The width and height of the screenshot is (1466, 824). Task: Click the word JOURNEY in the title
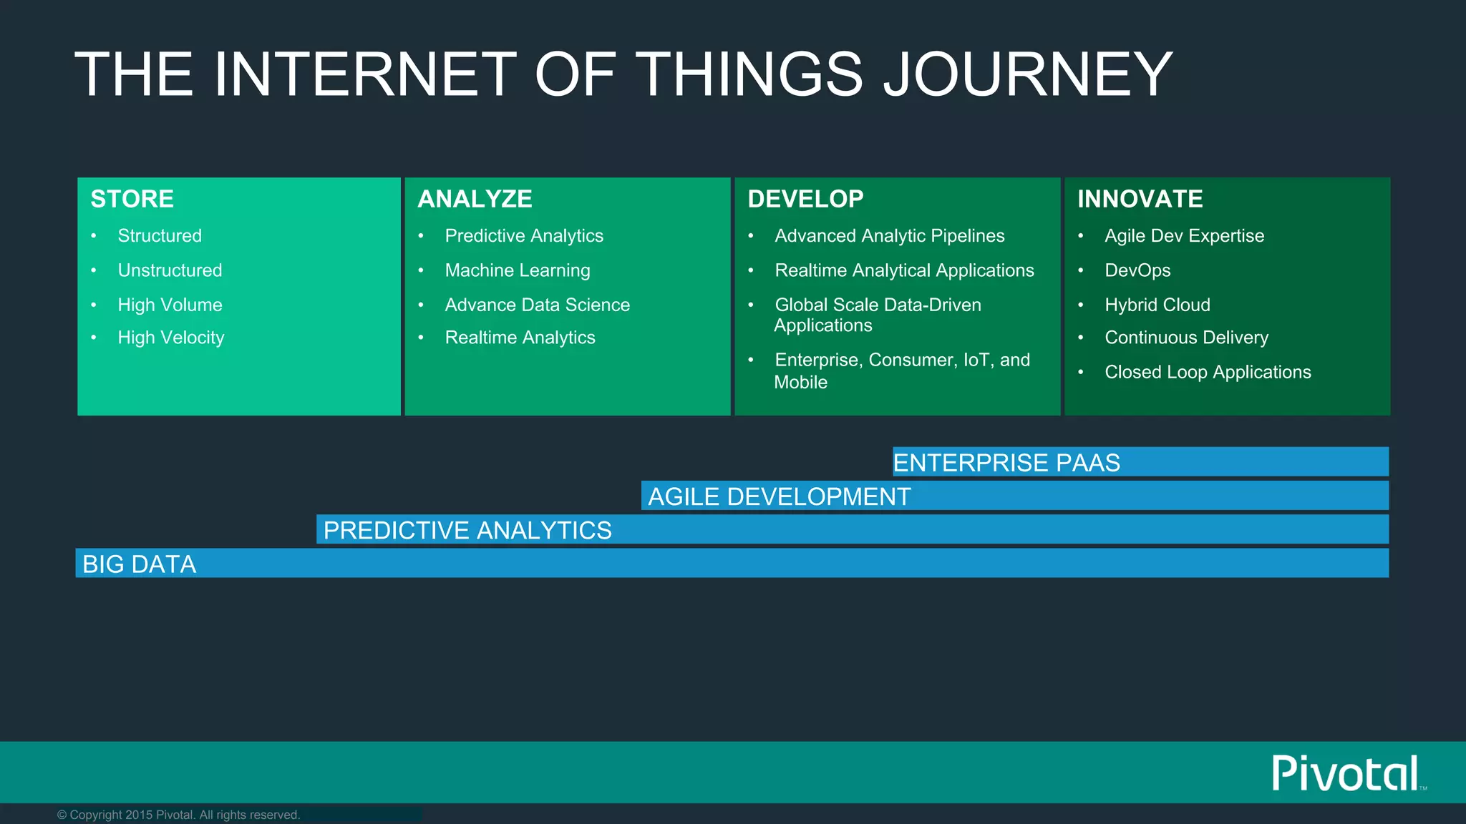coord(1027,74)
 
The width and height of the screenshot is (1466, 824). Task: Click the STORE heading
coord(132,199)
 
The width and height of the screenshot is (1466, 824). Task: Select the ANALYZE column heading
coord(475,199)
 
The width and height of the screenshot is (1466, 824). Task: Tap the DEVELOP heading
coord(805,199)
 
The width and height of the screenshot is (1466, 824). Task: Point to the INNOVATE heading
coord(1140,199)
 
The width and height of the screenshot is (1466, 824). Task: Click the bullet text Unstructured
coord(170,270)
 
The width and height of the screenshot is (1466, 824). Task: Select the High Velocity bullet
coord(170,338)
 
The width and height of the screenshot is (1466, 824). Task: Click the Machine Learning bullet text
coord(517,270)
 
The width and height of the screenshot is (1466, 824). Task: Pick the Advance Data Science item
coord(537,305)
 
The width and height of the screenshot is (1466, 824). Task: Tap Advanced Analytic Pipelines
coord(889,236)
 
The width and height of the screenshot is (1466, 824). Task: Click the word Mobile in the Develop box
coord(800,383)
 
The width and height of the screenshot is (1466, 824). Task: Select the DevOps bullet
coord(1137,270)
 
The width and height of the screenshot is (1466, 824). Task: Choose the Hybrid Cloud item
coord(1157,305)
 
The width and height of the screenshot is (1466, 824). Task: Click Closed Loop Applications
coord(1208,372)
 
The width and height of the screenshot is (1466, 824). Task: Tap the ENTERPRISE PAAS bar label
coord(1006,463)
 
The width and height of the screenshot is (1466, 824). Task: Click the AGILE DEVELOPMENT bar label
coord(779,496)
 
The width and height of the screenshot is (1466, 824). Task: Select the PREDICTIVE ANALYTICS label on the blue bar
coord(467,531)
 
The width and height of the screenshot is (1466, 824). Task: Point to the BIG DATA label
coord(139,564)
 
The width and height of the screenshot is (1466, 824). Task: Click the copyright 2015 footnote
coord(179,815)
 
